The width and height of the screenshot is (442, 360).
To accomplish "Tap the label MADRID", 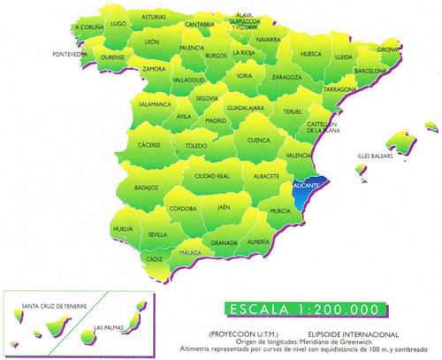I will pos(216,120).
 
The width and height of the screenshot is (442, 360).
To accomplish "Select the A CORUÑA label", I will pos(89,27).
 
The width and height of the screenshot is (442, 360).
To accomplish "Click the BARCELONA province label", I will pos(372,68).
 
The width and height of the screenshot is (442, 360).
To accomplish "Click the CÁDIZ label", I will pos(156,258).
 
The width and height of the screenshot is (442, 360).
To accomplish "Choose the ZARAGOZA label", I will pos(262,77).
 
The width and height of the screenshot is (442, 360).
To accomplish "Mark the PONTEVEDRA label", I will pos(70,53).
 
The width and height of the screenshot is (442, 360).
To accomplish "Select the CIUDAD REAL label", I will pos(212,176).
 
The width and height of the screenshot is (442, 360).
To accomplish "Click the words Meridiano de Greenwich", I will pos(331,341).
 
